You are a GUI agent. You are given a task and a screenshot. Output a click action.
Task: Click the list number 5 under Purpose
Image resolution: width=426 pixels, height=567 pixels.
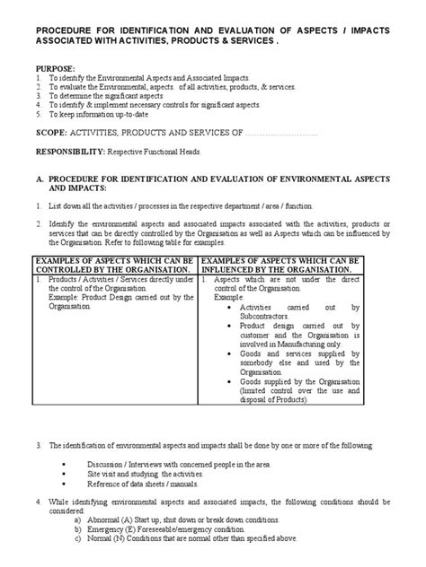[39, 114]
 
